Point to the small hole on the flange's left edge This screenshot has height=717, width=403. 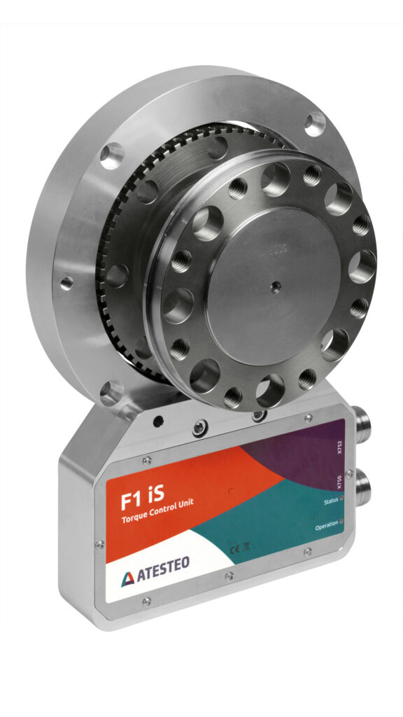tap(66, 283)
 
